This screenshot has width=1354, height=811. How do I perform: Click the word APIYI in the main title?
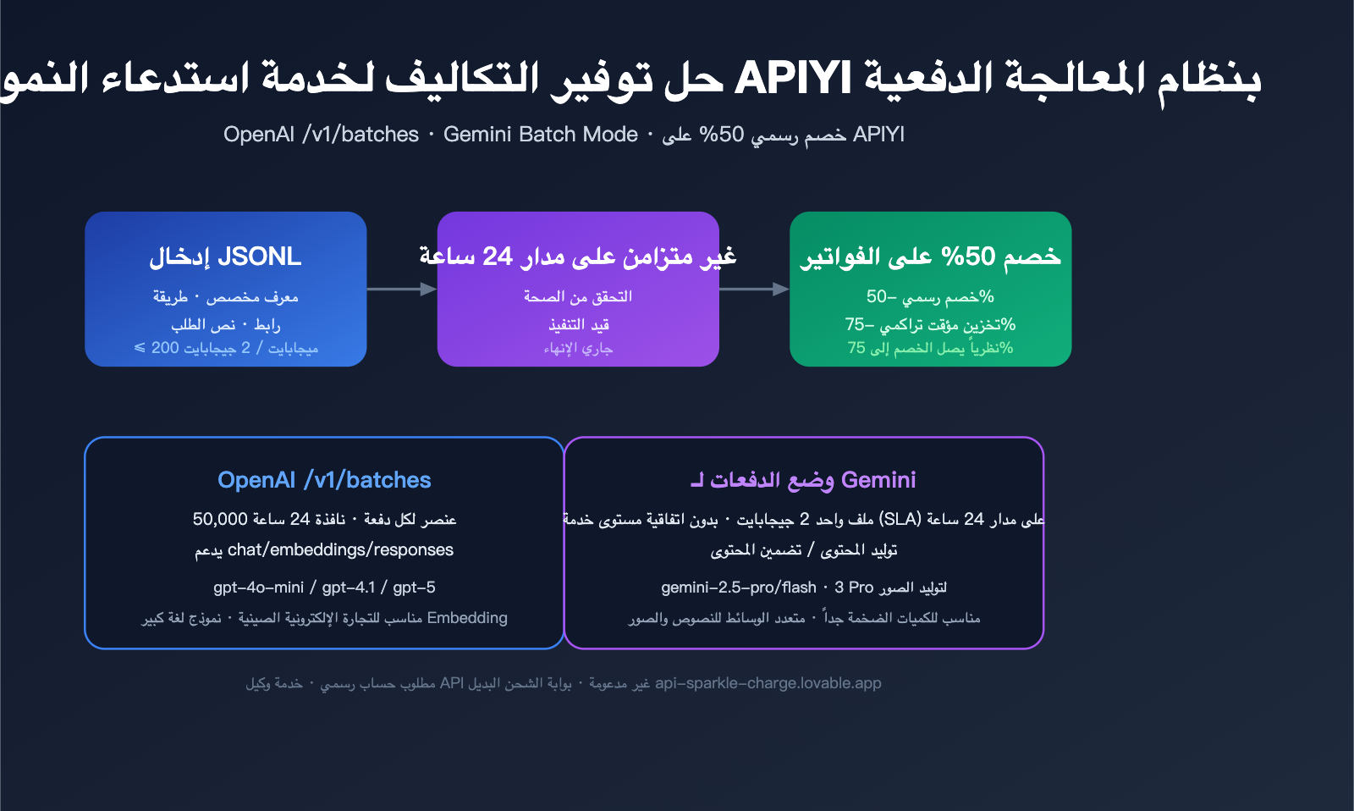(x=793, y=79)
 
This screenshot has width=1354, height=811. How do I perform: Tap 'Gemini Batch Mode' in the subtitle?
(x=540, y=135)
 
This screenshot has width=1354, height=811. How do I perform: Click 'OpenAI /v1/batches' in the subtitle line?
(x=321, y=135)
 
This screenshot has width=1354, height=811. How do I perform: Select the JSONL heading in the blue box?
(x=259, y=257)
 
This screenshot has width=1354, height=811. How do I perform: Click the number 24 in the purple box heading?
(x=498, y=257)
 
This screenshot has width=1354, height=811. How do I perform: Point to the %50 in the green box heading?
(x=968, y=257)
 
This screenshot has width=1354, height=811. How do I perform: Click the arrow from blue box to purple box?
(x=402, y=290)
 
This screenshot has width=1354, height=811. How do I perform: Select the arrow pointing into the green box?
(x=754, y=290)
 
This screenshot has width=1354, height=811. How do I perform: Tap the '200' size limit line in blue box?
(x=225, y=348)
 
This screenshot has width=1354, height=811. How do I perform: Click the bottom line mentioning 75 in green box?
(x=930, y=348)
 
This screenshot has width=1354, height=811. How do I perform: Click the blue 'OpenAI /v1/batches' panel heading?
(x=324, y=480)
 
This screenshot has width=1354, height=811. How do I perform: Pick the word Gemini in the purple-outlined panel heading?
(x=878, y=480)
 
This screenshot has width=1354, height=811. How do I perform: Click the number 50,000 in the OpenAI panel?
(x=220, y=519)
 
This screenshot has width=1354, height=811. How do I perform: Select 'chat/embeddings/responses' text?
(x=340, y=550)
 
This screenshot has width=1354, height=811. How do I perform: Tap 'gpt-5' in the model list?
(x=414, y=588)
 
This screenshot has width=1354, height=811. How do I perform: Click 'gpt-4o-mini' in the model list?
(x=258, y=588)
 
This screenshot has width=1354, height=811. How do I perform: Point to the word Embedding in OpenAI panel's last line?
(x=467, y=618)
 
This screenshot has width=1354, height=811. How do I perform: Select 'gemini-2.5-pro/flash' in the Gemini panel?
(x=739, y=588)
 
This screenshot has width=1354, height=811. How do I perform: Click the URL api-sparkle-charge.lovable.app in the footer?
(x=768, y=683)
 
